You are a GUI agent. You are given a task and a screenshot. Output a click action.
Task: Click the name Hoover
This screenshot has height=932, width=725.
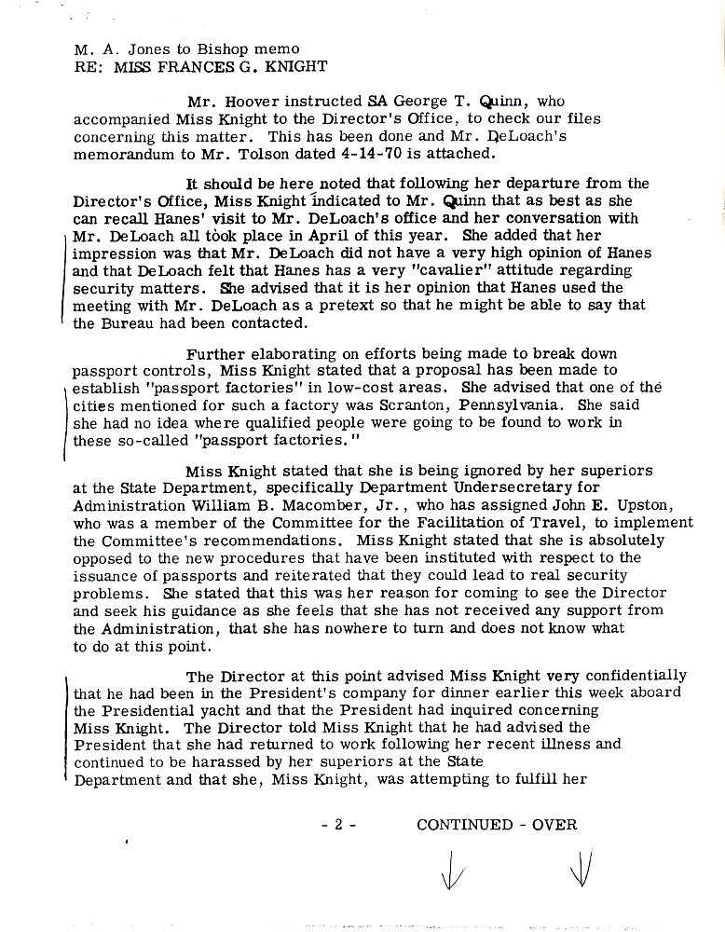click(x=245, y=103)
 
